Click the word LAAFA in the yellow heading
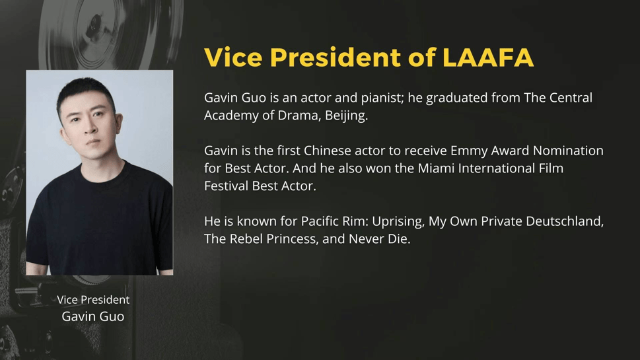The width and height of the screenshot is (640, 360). (x=487, y=57)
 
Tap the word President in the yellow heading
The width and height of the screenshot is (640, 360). (x=335, y=57)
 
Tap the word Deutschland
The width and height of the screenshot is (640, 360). (x=565, y=221)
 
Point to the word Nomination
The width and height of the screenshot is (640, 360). (x=568, y=151)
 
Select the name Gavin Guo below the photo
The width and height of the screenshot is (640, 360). (x=93, y=316)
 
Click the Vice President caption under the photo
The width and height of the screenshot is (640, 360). (x=93, y=300)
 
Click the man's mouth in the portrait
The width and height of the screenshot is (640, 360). (x=92, y=143)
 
